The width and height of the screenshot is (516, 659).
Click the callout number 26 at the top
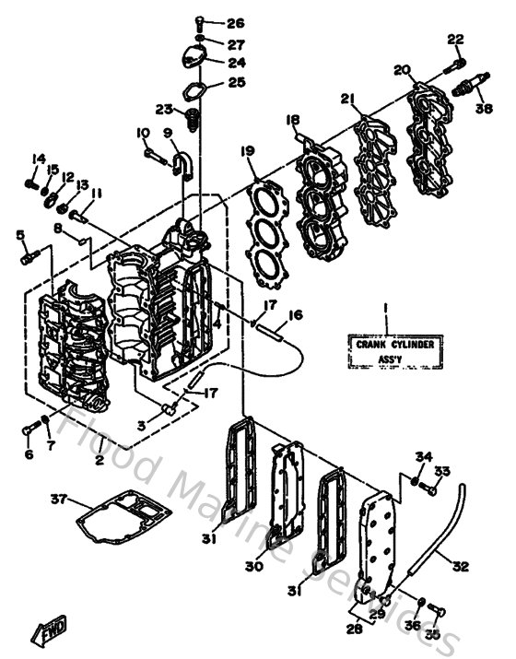tap(235, 23)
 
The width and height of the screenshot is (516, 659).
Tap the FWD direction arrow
tap(46, 630)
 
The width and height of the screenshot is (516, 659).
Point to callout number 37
tap(59, 500)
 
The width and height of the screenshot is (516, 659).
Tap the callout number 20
tap(400, 70)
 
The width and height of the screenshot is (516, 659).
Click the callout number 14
tap(39, 159)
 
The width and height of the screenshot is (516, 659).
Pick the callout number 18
tap(293, 119)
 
